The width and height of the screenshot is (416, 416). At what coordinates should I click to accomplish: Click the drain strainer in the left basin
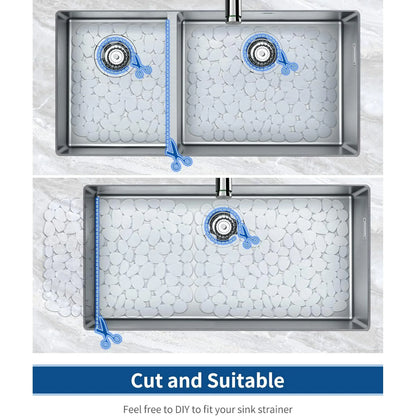(x=115, y=56)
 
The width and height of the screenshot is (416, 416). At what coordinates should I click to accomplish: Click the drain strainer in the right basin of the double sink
(x=260, y=52)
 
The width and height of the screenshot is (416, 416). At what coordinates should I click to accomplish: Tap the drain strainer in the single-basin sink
(x=223, y=226)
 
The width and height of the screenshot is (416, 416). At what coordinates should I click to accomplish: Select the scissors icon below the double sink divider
(x=178, y=156)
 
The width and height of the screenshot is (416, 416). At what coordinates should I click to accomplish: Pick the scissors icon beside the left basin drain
(x=141, y=67)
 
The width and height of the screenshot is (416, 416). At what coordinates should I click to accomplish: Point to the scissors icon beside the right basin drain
(x=287, y=63)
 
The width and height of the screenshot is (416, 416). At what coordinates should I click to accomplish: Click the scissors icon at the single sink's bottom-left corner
(x=107, y=333)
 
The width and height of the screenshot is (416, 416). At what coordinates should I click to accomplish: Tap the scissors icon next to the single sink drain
(x=248, y=236)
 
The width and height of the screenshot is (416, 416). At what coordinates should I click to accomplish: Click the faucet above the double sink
(x=233, y=11)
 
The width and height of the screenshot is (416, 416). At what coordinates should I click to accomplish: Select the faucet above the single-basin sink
(x=223, y=187)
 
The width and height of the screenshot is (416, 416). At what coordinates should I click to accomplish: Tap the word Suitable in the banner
(x=246, y=380)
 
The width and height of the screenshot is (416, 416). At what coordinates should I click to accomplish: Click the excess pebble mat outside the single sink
(x=63, y=257)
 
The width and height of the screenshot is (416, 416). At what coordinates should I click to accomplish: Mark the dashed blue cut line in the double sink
(x=167, y=83)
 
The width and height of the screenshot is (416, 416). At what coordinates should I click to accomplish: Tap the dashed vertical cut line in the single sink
(x=97, y=257)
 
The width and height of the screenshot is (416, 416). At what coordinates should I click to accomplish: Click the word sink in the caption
(x=246, y=409)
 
